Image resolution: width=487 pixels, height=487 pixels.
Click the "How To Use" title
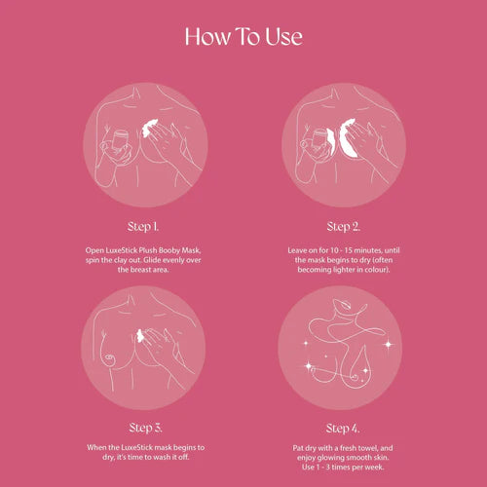pos(243,36)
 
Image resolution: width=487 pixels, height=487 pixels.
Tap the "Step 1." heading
pos(143,227)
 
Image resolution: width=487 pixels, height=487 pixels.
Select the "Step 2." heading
pos(344,227)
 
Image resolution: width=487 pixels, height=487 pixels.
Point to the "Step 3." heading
pos(145,428)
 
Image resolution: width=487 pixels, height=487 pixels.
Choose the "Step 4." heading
pos(343,429)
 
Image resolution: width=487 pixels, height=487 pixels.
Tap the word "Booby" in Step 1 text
pos(169,250)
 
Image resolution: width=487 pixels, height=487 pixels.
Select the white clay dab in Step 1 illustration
pos(150,128)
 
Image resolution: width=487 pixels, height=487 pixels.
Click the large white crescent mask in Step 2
pos(348,138)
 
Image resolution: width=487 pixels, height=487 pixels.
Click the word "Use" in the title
pos(283,36)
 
